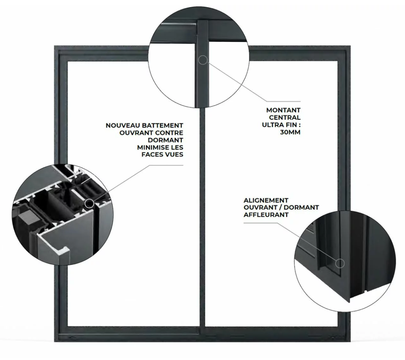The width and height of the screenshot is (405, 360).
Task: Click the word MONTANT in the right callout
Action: [283, 110]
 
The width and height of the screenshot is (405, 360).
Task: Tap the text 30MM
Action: [290, 132]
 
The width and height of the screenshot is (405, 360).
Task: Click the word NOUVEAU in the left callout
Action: [123, 125]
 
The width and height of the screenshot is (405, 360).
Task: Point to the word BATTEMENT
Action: [163, 125]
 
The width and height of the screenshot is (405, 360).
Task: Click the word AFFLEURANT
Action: [266, 215]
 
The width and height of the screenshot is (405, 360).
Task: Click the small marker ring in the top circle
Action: [203, 60]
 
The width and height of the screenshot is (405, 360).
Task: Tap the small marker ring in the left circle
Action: [89, 203]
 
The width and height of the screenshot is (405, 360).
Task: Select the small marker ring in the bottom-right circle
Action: [340, 263]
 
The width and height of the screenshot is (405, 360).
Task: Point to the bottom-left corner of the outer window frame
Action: [54, 342]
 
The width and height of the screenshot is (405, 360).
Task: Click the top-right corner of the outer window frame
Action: [350, 46]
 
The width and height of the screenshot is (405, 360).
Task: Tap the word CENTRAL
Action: [285, 117]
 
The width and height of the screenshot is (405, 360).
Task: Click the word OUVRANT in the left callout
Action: [136, 133]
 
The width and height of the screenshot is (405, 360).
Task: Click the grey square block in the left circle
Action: [26, 216]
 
